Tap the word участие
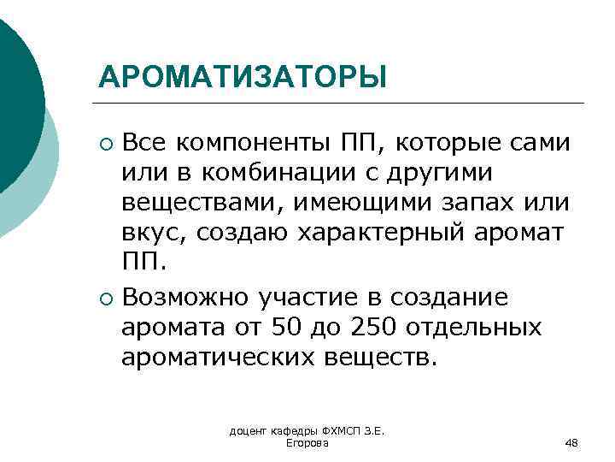point(299,298)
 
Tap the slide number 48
point(572,442)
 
